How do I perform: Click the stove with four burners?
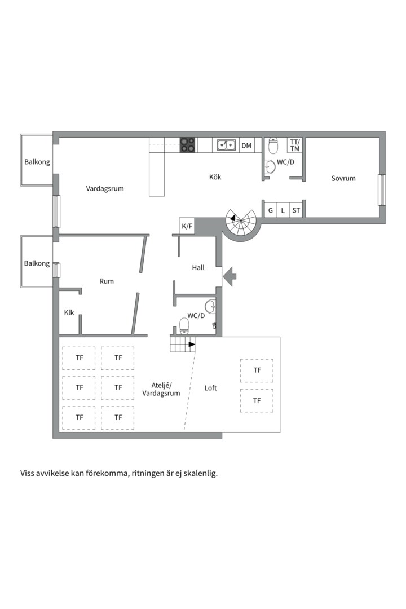188,145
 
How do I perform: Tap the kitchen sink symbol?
227,145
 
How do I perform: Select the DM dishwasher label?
246,145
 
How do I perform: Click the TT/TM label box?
295,145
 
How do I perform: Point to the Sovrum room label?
343,178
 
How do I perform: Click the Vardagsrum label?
105,188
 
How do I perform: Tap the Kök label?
215,177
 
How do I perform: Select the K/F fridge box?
187,226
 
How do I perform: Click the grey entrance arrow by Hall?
230,276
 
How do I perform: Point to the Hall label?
198,268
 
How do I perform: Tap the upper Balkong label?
37,162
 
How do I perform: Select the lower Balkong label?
37,263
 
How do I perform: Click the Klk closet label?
69,312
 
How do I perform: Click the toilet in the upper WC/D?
273,146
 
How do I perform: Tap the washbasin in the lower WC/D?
210,307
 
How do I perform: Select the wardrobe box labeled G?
270,211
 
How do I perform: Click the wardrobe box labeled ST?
296,211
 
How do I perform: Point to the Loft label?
210,388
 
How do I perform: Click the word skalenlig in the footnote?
197,474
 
